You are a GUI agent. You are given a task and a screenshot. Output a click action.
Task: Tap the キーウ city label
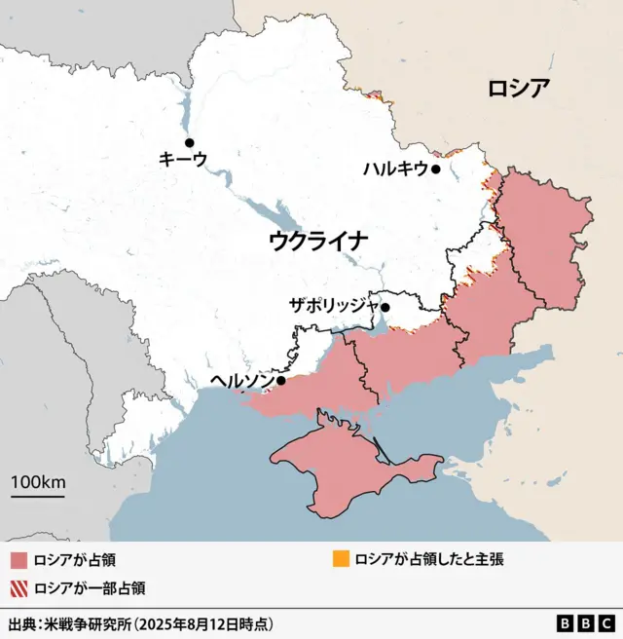coord(182,159)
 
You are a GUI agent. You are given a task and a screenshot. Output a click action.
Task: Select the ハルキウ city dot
coord(437,169)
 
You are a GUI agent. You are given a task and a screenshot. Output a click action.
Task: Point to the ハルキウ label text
coord(395,169)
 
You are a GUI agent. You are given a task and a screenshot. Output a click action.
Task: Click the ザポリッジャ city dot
coord(385,308)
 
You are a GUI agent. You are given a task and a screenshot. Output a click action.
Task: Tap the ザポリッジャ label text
coord(333,305)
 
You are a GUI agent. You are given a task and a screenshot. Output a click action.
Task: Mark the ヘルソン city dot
coord(281,381)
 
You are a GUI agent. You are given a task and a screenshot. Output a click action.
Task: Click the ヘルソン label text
coord(241,380)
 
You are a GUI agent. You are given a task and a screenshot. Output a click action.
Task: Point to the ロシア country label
coord(519,89)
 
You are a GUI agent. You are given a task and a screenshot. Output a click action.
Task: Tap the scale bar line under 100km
coord(38,497)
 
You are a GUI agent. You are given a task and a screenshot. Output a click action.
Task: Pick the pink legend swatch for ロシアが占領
coord(18,560)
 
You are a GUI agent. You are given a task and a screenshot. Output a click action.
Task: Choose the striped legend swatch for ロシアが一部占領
coord(18,587)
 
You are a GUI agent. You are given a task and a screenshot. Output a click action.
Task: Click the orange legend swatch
coord(340,560)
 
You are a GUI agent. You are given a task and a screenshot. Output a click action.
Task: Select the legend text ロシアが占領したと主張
coord(428,560)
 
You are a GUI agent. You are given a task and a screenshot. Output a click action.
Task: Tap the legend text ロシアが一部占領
coord(90,587)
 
